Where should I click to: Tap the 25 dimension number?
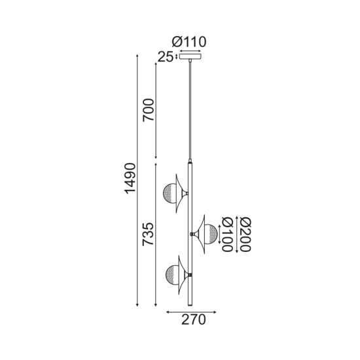(165, 56)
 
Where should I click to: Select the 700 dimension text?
(149, 111)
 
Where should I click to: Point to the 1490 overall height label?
(130, 177)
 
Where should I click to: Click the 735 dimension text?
(149, 235)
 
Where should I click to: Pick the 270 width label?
(193, 320)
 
